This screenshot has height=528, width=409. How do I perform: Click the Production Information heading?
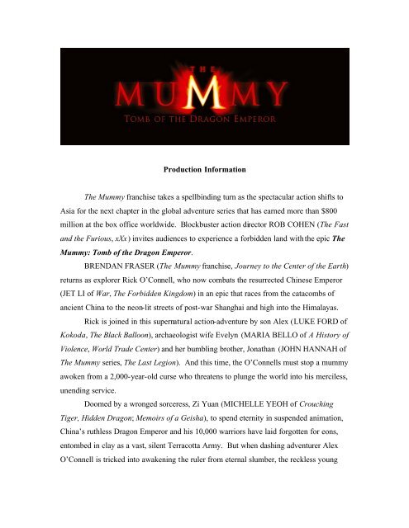pyautogui.click(x=204, y=196)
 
